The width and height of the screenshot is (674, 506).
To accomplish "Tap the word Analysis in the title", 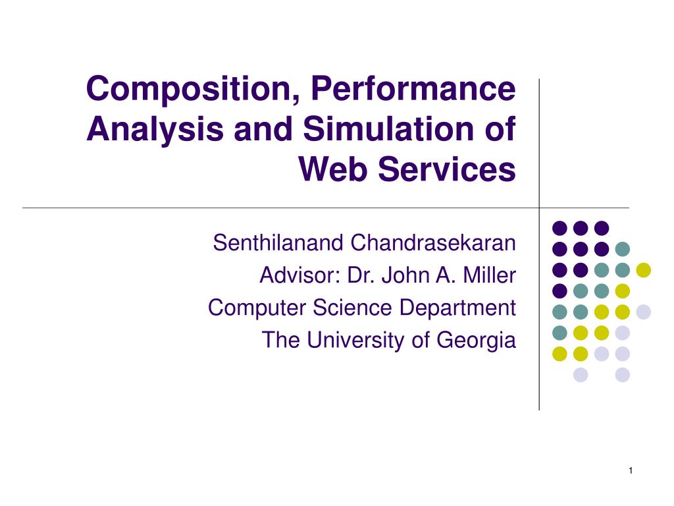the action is [155, 130].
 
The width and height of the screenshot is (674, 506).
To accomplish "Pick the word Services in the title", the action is [447, 169].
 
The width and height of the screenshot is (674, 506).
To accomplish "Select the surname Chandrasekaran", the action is [433, 242].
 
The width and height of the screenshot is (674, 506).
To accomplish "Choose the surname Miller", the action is [489, 275].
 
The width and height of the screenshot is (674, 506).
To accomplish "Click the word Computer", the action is [257, 308].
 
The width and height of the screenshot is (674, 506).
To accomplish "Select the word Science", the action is [353, 308].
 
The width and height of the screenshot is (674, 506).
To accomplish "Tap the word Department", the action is [457, 308].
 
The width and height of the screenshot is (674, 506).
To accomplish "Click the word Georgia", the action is [477, 341].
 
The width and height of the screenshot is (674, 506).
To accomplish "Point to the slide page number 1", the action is [631, 470].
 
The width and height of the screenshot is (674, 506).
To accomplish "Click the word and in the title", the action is [263, 128].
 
